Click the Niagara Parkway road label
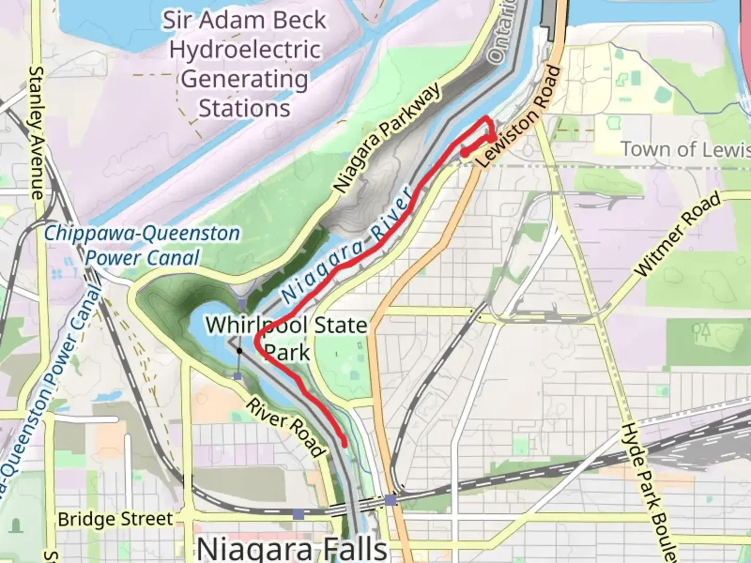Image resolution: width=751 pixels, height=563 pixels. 387,139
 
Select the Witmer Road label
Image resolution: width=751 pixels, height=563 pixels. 678,235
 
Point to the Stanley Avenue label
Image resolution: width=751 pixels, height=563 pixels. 37,132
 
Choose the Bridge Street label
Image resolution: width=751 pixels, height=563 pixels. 115,519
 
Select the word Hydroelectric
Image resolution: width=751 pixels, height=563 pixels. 245,50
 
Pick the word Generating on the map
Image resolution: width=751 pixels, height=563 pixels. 245,80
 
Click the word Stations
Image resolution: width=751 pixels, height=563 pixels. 245,108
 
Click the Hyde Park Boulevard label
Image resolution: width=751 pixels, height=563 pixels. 649,490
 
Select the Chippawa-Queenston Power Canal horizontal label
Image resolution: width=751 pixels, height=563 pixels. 142,245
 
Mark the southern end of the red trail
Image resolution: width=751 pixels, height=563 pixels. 344,444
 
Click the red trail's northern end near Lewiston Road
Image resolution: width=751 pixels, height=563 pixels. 464,153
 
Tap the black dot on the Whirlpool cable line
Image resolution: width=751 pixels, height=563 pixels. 239,351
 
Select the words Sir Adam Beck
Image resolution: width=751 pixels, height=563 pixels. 245,21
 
